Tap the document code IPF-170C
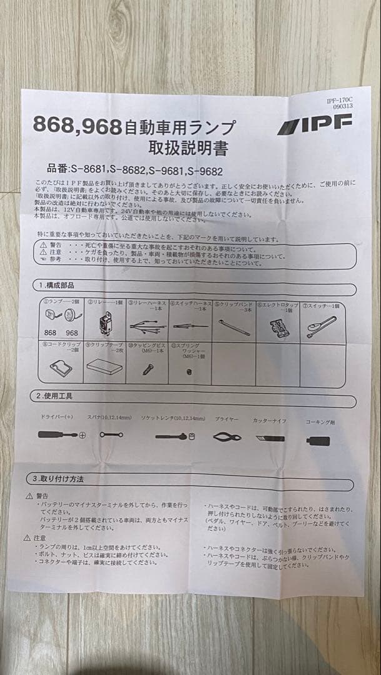coord(340,100)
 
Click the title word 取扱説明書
coord(188,148)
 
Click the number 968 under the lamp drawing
coord(72,333)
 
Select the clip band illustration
coord(234,327)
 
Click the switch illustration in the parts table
coord(321,326)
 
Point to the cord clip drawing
coord(60,367)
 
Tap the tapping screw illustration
coord(146,369)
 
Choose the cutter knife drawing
coord(270,438)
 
